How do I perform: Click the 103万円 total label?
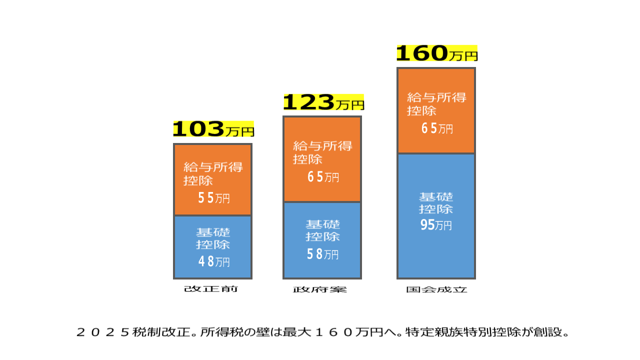click(x=213, y=129)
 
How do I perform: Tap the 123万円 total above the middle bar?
click(x=323, y=102)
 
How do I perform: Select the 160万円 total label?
click(x=436, y=53)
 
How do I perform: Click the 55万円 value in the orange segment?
click(x=213, y=198)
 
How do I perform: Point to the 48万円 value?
click(x=214, y=261)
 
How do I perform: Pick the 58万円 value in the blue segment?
click(x=322, y=254)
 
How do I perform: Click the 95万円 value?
click(x=436, y=225)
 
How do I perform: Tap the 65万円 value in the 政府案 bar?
click(x=323, y=177)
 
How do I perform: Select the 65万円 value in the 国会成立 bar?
click(x=436, y=128)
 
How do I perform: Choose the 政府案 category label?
click(x=320, y=289)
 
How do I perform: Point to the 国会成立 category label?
click(x=436, y=289)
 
